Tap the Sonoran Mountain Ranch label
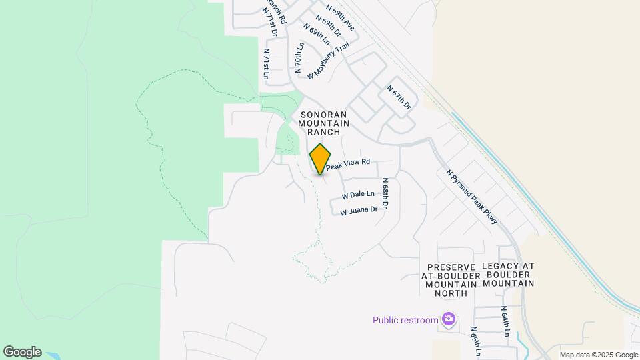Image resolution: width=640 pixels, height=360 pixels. [x=324, y=123]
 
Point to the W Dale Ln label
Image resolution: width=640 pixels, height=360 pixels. [x=357, y=195]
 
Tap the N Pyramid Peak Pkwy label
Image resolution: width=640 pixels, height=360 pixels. [x=472, y=195]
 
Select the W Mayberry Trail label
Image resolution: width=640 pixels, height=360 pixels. [x=328, y=61]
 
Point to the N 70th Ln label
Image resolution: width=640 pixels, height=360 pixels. [x=299, y=57]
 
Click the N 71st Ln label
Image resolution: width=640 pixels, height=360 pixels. [x=265, y=64]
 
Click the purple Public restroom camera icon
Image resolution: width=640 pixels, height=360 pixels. [x=449, y=320]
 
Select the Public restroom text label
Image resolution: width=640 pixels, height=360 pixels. [x=405, y=320]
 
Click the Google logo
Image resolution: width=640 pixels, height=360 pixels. [x=22, y=352]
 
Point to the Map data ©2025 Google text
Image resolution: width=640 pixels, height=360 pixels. [x=599, y=355]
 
